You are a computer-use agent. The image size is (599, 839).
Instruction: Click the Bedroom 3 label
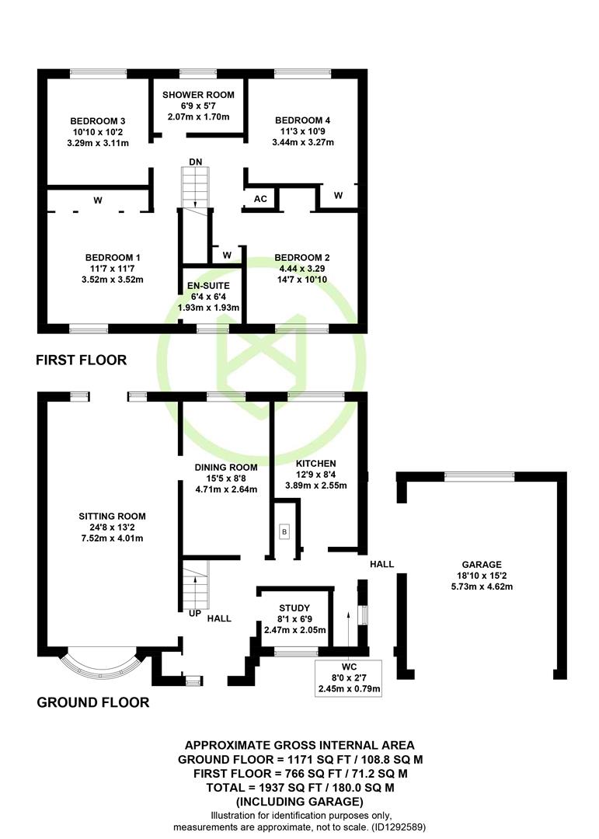97,121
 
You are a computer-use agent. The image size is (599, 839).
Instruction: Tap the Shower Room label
198,95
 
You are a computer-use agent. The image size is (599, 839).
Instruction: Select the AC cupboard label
260,199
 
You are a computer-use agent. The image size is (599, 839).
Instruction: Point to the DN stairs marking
195,162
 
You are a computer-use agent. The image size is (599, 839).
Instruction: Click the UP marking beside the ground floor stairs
195,613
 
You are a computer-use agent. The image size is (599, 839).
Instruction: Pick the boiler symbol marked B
284,532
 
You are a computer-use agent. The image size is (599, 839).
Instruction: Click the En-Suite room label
208,286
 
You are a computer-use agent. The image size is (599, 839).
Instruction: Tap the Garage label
482,565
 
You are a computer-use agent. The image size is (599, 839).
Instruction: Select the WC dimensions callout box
349,678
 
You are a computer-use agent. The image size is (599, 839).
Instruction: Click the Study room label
294,607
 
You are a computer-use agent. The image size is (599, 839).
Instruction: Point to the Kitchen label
316,463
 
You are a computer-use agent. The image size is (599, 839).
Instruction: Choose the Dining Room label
226,467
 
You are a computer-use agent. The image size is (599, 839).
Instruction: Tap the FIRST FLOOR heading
82,360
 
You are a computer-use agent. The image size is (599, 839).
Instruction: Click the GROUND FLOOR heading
93,702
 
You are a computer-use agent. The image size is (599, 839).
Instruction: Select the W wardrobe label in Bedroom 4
338,195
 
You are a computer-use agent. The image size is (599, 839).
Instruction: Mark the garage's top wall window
479,476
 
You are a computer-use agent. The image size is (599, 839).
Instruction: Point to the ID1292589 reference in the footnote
397,827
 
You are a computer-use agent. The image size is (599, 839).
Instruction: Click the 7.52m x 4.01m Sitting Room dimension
112,538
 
